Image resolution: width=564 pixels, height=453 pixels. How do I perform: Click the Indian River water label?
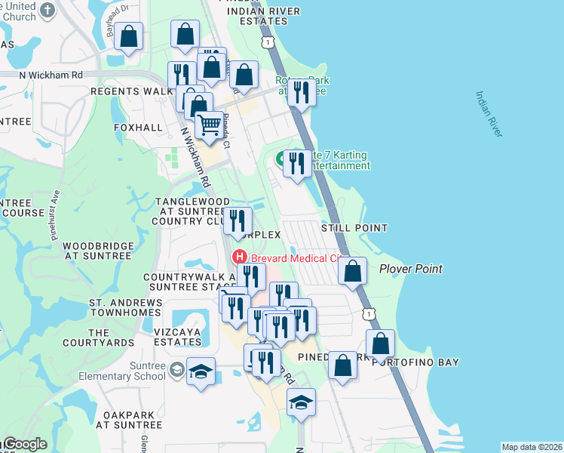click(489, 115)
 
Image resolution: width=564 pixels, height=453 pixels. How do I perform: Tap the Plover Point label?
click(410, 269)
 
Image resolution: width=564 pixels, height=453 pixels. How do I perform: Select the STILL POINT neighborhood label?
click(354, 228)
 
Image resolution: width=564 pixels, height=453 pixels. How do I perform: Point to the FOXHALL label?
click(138, 128)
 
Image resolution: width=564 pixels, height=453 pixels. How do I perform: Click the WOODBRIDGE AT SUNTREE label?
click(97, 251)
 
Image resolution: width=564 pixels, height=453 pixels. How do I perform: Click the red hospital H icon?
click(240, 257)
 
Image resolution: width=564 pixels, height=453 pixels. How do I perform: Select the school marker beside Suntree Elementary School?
click(201, 370)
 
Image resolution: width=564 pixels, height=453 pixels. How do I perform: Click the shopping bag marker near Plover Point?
click(352, 270)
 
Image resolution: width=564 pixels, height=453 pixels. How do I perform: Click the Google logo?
click(24, 445)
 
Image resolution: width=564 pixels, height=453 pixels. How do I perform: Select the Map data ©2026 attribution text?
click(532, 447)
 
